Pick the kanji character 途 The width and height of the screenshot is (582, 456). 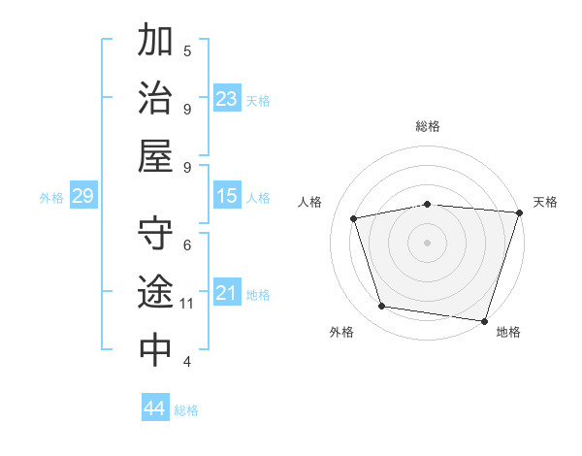point(155,292)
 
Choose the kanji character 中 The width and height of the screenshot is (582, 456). point(155,349)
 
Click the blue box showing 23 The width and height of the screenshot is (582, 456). point(227,99)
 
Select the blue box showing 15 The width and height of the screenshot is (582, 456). point(227,197)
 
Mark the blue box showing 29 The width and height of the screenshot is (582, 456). point(82,197)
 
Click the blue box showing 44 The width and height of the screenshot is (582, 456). point(154,408)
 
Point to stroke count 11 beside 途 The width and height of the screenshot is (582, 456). point(187,304)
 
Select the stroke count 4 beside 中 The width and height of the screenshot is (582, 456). point(187,362)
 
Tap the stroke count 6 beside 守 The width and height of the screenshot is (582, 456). point(187,244)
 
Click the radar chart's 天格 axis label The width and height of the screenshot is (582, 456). point(545,202)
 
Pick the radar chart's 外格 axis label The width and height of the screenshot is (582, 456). point(341,332)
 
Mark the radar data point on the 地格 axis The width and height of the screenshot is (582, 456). point(485,320)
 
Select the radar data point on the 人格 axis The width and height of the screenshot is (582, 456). point(354,218)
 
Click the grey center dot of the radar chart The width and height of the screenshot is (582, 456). point(428,242)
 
